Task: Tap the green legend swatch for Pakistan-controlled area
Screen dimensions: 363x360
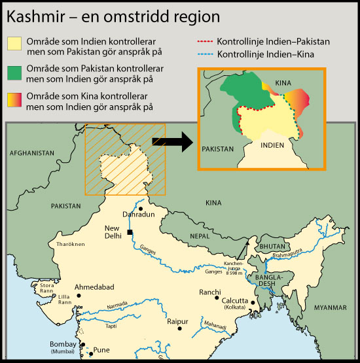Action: tap(14, 73)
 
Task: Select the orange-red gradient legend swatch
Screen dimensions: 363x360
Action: tap(14, 101)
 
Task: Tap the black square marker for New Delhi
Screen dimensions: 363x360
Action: tap(131, 233)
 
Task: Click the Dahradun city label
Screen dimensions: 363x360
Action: tap(139, 214)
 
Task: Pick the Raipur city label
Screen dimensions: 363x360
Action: tap(177, 321)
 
